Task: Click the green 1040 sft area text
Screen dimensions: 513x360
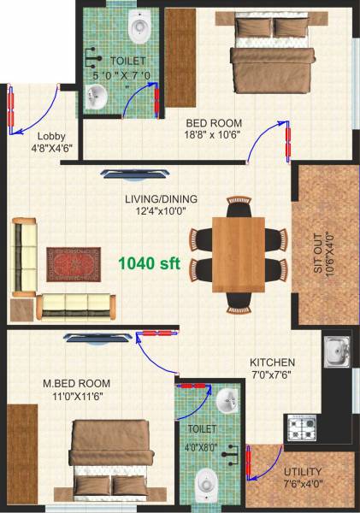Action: click(x=149, y=263)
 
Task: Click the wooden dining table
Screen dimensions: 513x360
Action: click(x=239, y=254)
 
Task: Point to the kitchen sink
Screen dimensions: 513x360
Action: click(x=335, y=351)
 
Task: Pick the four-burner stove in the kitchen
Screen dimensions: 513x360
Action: click(x=301, y=425)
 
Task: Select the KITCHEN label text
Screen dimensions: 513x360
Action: click(x=273, y=363)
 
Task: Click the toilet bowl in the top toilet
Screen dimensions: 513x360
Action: click(x=140, y=27)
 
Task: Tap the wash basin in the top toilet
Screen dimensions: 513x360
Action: click(x=96, y=100)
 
